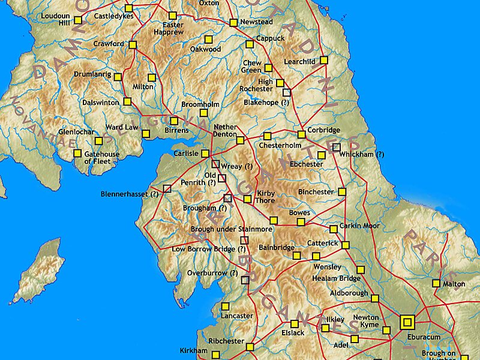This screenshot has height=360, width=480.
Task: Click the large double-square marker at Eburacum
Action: point(408,322)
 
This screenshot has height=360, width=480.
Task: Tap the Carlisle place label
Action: point(185,154)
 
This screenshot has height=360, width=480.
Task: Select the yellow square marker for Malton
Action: point(436,283)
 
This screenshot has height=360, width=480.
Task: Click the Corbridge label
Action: point(324,130)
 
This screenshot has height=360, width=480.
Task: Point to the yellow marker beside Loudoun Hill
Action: point(78,20)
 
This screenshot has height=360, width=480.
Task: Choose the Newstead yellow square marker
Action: point(233,23)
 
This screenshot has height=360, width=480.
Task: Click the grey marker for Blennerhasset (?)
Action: point(167,188)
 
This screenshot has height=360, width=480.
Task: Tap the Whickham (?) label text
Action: point(361,154)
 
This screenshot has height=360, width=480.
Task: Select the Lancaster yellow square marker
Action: point(225,306)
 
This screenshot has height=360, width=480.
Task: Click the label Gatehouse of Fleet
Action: point(101,158)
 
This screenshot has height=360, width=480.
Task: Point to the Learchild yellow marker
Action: point(324,60)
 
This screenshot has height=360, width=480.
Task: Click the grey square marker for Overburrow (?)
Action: point(245,280)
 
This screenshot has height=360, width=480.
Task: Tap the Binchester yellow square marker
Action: point(342,192)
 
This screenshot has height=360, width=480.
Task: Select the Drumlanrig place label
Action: point(92,74)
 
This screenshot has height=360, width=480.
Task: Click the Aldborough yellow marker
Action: point(374,298)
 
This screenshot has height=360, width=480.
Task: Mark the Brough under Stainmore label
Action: point(232,229)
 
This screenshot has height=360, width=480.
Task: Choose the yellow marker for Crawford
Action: point(133,44)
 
